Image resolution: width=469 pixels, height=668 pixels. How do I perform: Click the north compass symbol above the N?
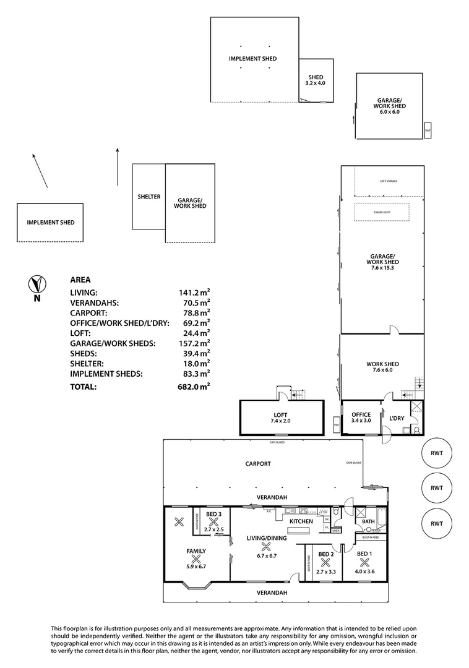38,284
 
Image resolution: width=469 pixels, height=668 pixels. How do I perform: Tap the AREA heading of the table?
80,280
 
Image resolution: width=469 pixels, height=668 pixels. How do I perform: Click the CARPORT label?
258,463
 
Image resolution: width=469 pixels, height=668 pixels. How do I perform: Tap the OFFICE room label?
361,415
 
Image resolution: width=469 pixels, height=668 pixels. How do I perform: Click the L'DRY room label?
396,418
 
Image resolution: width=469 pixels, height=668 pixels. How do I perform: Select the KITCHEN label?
301,521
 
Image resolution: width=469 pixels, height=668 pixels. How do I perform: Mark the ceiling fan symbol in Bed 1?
364,562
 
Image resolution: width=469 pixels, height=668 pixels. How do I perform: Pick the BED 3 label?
214,515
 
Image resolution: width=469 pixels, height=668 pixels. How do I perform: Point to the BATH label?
368,521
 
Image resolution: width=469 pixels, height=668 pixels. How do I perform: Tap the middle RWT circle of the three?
437,487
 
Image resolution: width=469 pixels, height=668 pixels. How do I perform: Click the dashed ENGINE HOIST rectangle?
382,212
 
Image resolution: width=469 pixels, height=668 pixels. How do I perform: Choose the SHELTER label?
148,197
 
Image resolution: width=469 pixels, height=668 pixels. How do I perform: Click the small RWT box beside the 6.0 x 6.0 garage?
428,131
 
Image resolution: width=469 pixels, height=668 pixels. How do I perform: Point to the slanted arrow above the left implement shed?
40,170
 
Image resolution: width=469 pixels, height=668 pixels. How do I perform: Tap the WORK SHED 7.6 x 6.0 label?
382,367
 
